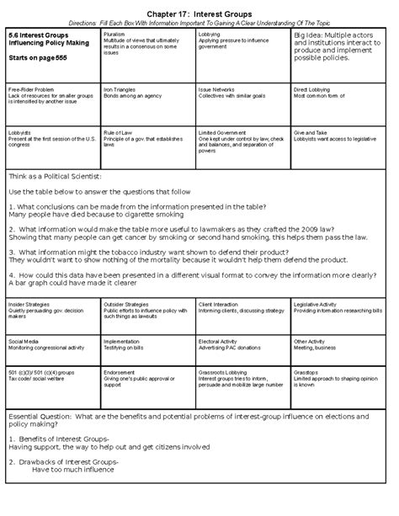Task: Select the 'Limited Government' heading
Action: tap(222, 132)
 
